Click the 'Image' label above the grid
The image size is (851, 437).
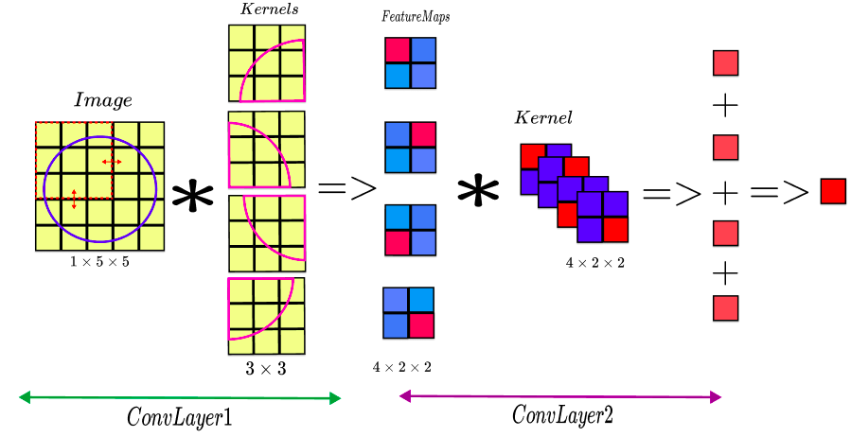102,100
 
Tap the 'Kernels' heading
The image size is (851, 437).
269,9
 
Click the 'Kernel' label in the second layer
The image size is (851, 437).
542,118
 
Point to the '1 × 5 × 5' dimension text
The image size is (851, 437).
99,262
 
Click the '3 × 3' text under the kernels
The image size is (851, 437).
265,369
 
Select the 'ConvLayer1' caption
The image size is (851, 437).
179,417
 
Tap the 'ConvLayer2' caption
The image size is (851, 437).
562,415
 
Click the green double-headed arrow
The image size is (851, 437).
179,398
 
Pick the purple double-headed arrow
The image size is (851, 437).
560,396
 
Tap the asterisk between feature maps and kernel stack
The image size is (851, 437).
478,192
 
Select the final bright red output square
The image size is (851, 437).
833,191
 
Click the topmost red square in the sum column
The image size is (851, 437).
725,63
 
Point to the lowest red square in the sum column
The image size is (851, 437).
725,308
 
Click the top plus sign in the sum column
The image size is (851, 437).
724,105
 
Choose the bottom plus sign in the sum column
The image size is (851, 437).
724,273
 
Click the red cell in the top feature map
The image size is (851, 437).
398,50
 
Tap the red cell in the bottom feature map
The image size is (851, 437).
422,325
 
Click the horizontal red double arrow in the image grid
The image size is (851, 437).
112,162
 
